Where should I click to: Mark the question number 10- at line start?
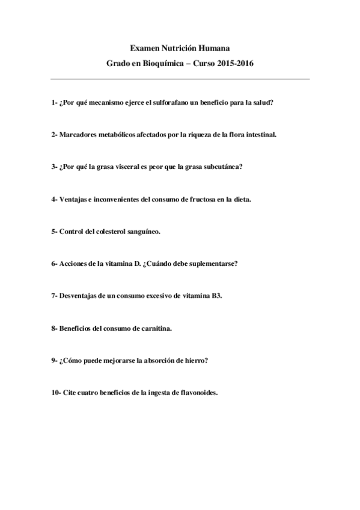coord(56,393)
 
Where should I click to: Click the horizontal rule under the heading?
coord(180,79)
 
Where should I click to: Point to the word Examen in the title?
coord(144,47)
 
